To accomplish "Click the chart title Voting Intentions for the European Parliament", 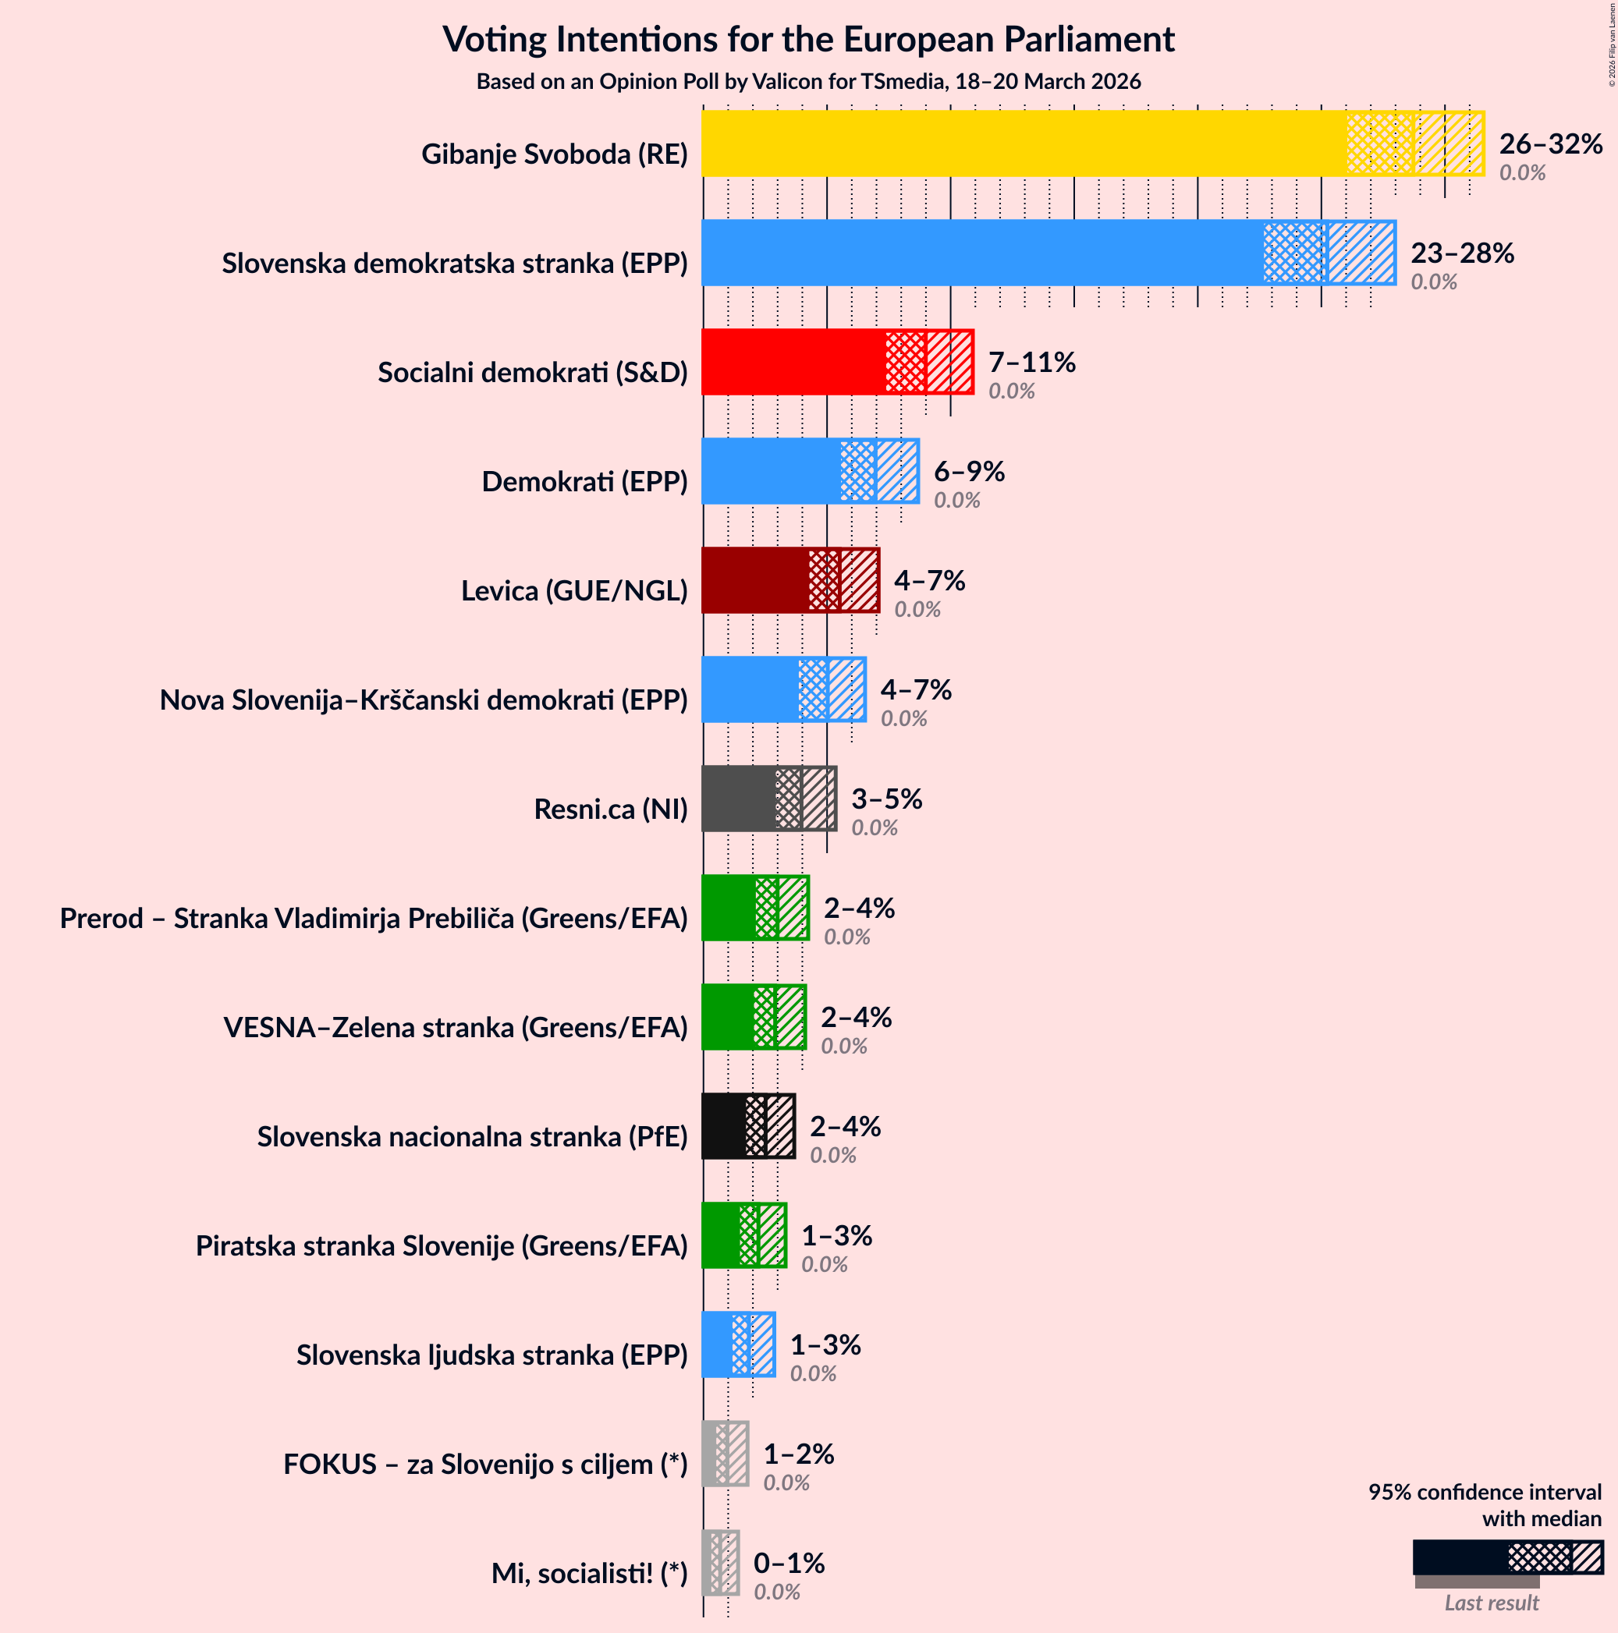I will pos(808,40).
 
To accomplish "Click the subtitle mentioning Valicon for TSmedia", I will pos(808,82).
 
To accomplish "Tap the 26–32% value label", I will pos(1550,144).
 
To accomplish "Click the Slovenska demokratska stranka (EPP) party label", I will pos(455,264).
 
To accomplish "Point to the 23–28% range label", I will pos(1462,253).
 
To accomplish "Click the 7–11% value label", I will pos(1031,363).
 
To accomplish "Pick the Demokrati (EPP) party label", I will pos(584,482).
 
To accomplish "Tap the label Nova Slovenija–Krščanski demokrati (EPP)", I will pos(424,700).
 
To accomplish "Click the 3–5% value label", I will pos(886,799).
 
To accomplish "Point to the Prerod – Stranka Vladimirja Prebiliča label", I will pos(374,918).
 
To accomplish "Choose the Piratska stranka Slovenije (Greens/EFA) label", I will pos(442,1246).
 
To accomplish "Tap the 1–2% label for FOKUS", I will pos(798,1454).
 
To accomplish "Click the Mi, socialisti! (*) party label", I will pos(589,1573).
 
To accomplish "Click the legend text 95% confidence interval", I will pos(1485,1492).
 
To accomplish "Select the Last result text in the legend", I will pos(1491,1603).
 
